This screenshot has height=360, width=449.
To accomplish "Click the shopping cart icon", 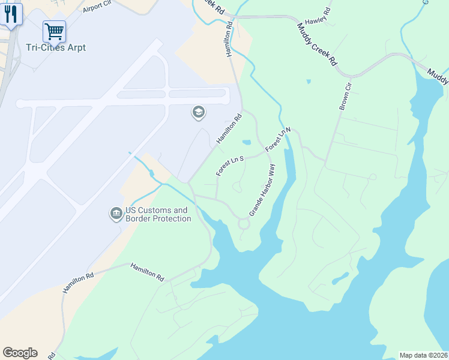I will click(54, 30).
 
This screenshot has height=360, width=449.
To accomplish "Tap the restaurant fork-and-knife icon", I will click(10, 14).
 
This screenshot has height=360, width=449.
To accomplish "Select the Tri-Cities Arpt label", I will click(56, 47).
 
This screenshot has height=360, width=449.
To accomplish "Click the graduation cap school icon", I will click(198, 112).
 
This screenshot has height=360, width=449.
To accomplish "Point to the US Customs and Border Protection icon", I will click(116, 214).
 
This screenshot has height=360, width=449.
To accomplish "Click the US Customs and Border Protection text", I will click(158, 215).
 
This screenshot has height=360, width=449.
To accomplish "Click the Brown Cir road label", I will click(345, 97).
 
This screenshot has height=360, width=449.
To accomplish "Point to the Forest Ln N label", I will click(279, 139).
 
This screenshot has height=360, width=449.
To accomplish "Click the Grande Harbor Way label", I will click(262, 190).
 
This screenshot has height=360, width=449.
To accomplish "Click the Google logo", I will click(20, 353).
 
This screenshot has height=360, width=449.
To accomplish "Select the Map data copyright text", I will click(423, 355).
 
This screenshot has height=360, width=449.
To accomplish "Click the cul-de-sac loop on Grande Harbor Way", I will click(244, 224).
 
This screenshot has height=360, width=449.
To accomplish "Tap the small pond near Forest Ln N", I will click(246, 143).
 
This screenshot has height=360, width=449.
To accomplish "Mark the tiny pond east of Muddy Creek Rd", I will click(309, 81).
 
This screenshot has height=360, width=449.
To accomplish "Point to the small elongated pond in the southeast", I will click(340, 278).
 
